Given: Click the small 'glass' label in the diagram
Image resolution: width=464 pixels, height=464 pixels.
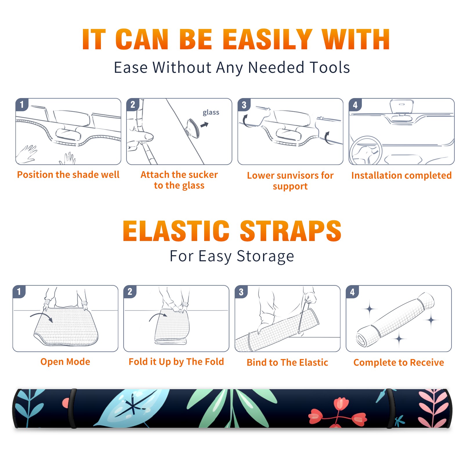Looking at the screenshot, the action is (x=211, y=113).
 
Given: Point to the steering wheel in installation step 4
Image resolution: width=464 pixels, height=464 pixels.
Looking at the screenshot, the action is (x=365, y=150).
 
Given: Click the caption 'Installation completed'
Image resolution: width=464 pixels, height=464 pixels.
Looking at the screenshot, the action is (x=401, y=175).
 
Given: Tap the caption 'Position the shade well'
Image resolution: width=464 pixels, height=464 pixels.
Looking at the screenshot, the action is (x=68, y=175).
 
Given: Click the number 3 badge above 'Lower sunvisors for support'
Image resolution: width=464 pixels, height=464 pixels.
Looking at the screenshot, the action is (x=244, y=105).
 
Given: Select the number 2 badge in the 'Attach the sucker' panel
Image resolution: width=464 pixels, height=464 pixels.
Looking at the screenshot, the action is (x=133, y=104).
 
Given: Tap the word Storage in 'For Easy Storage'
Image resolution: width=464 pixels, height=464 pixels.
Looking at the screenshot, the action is (x=265, y=256).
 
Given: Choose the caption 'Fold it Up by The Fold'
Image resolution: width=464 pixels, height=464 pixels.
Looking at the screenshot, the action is (x=176, y=362).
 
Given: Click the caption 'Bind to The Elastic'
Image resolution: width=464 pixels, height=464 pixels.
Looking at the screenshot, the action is (x=287, y=362).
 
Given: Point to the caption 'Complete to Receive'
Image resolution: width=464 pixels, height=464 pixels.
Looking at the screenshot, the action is (x=399, y=362).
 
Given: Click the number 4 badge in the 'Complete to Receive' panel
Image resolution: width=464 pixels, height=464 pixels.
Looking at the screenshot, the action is (x=352, y=292).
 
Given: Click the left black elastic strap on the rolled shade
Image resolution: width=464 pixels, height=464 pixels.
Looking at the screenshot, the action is (x=72, y=408).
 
